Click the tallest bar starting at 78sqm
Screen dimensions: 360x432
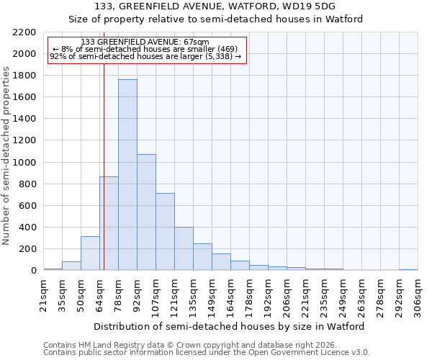[127, 175]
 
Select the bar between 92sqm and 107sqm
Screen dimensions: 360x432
[146, 212]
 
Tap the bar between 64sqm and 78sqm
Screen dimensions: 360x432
[109, 223]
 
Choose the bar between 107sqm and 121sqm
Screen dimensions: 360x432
[165, 232]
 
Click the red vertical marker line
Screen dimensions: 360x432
[104, 166]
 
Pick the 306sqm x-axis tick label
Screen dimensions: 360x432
[418, 295]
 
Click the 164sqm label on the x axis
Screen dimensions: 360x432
[230, 295]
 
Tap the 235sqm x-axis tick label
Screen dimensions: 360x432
[324, 295]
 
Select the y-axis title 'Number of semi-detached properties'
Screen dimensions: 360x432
[7, 156]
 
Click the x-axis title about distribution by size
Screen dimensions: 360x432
[230, 326]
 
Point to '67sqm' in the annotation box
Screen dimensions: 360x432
[197, 42]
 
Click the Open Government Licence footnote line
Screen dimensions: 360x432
[207, 353]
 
